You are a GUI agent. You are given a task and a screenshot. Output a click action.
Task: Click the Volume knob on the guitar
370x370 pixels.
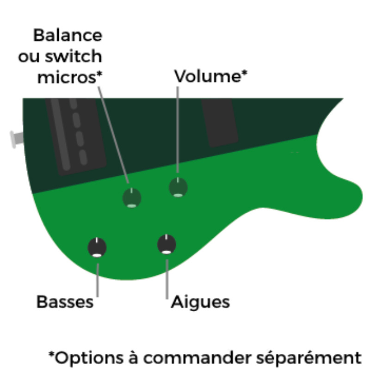178,187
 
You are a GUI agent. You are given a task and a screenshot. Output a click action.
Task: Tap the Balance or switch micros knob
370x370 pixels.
132,198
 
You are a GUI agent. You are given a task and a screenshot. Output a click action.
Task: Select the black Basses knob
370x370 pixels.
97,247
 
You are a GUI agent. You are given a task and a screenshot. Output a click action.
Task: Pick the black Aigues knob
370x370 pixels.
166,244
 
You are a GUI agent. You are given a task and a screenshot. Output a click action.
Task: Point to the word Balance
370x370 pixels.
68,35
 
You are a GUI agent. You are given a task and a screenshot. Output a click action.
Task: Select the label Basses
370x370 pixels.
65,302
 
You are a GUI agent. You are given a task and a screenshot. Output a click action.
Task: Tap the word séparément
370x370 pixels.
308,358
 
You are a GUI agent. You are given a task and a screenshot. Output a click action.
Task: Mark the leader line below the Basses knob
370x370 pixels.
98,277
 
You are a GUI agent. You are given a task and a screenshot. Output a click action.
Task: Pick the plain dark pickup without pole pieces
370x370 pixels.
220,122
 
